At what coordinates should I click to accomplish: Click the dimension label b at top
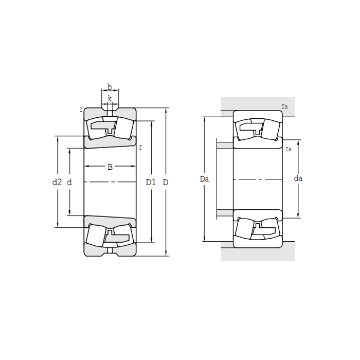110,87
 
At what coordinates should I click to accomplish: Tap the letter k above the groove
110,99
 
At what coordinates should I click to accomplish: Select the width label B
110,167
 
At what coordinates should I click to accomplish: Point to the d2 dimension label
57,182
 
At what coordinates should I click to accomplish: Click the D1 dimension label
151,182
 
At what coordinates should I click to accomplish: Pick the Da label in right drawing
204,179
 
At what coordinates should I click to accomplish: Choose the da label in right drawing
298,178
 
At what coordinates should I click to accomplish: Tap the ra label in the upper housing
285,106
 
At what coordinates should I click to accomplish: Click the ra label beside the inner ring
289,149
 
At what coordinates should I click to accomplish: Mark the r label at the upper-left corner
81,110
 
